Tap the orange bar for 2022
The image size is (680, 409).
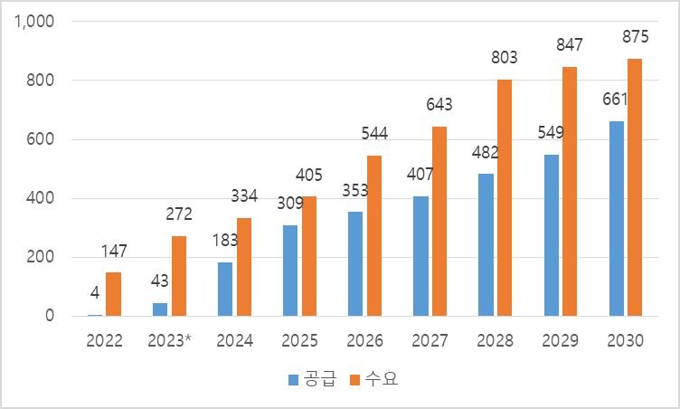113,294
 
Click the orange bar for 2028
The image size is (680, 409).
504,198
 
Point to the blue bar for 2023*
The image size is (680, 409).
159,309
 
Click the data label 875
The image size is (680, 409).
635,37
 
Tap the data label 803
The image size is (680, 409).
504,58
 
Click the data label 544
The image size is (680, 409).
373,134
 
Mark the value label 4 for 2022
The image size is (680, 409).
95,293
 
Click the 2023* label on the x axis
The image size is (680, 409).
169,341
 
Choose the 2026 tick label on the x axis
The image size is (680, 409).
364,341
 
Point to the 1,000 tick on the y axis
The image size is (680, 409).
35,22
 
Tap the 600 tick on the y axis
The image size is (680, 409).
42,139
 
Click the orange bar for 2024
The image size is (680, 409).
243,267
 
